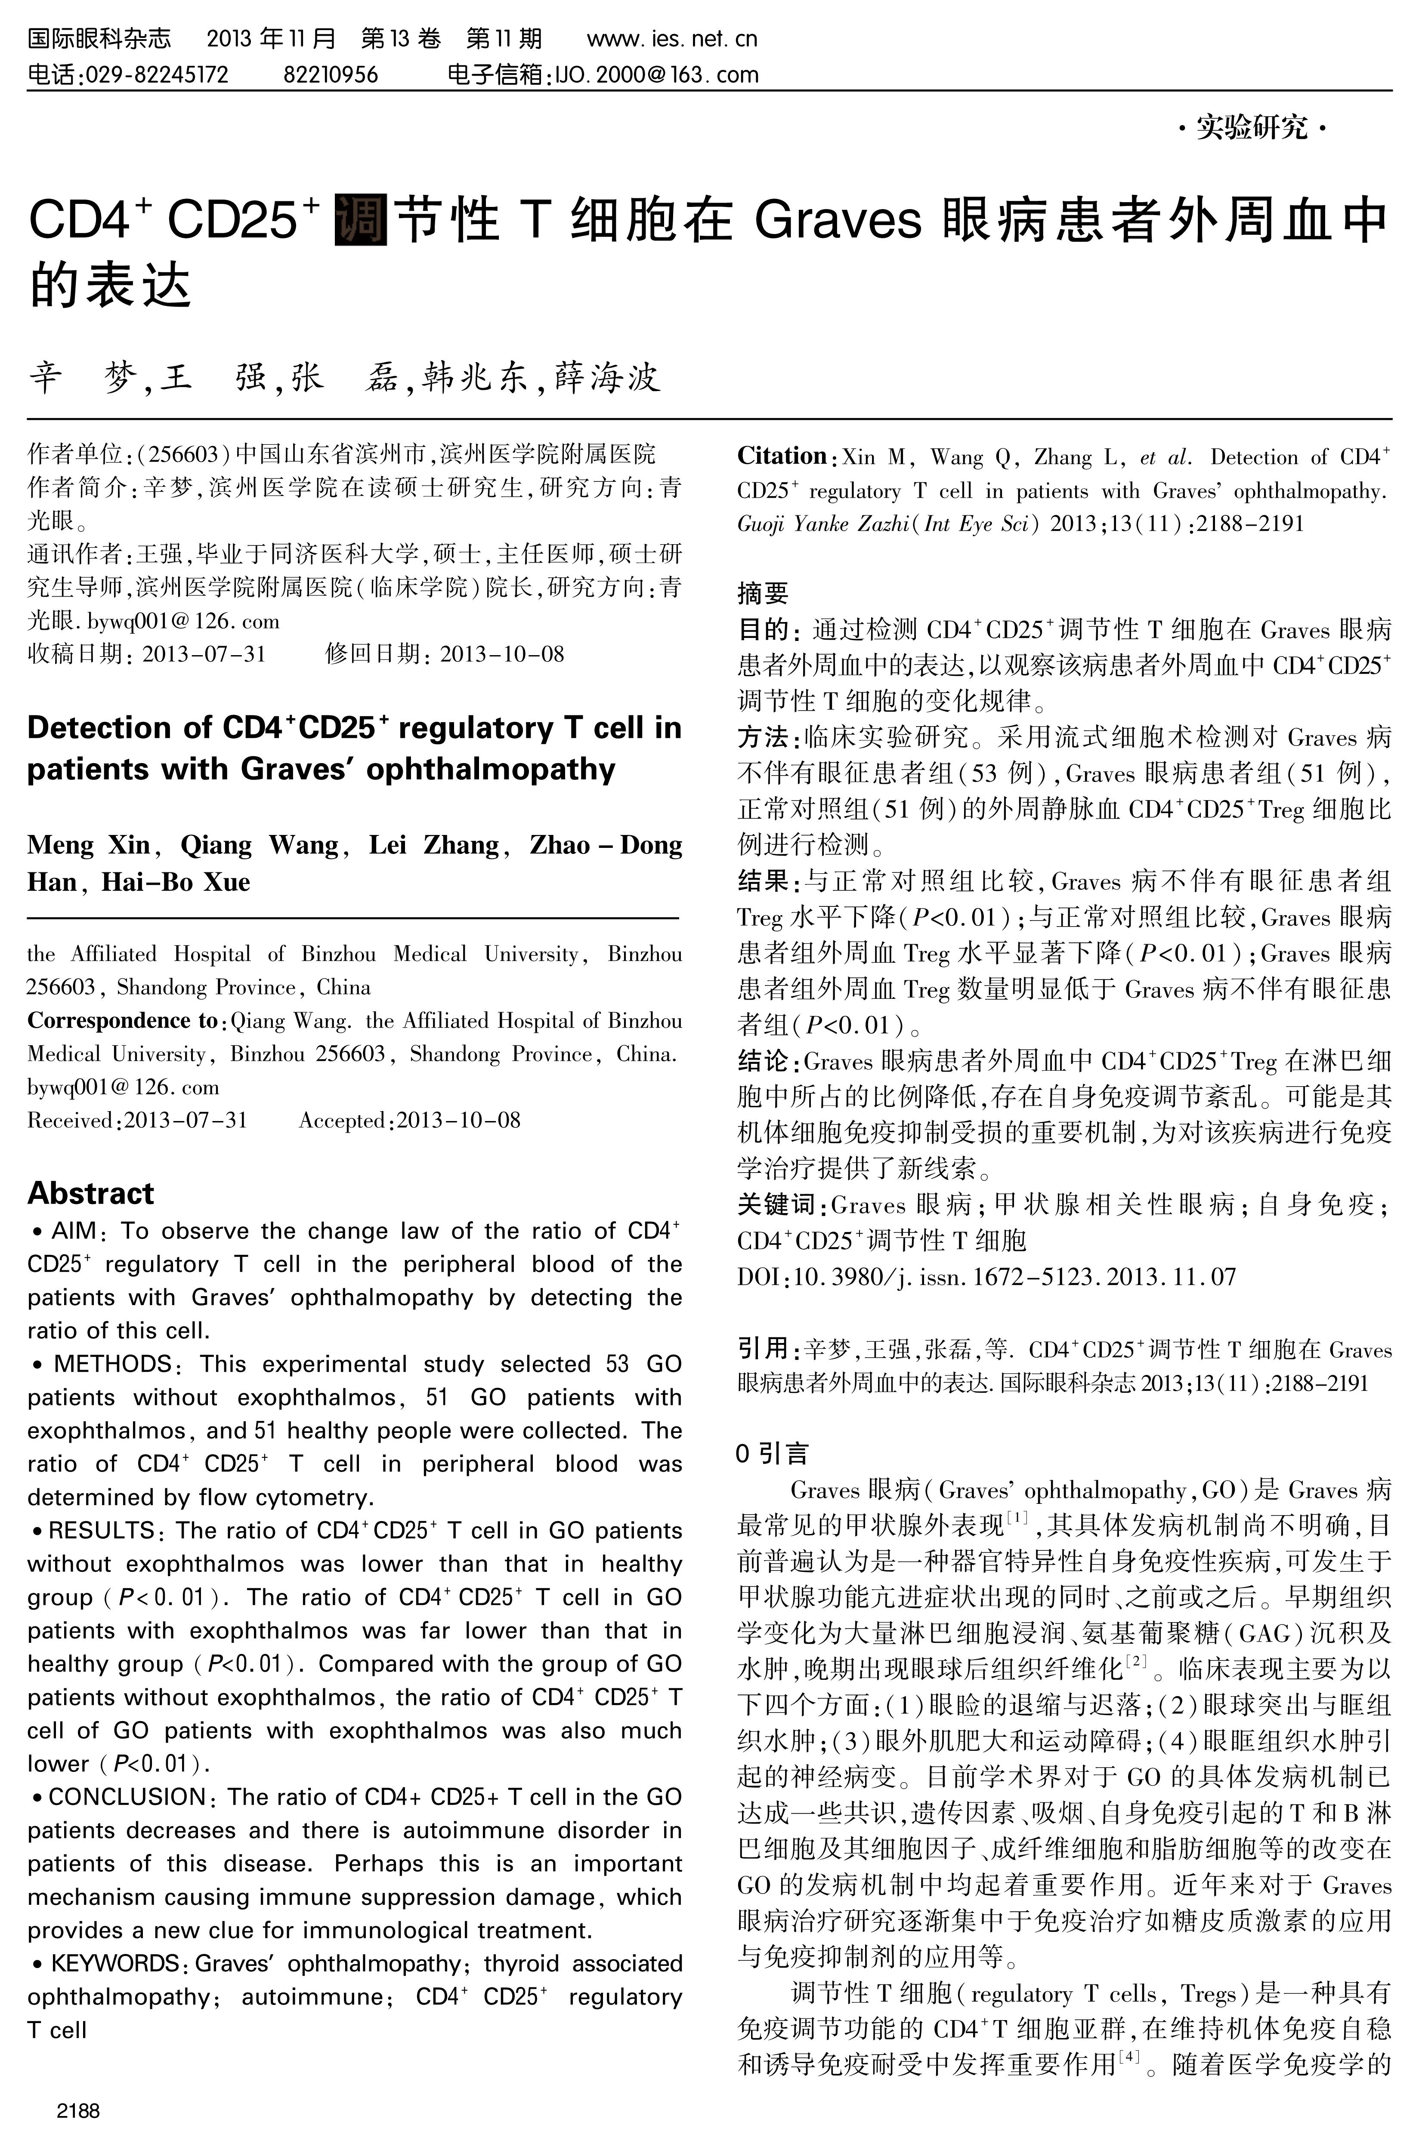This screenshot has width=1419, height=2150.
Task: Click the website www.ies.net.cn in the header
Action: pos(671,39)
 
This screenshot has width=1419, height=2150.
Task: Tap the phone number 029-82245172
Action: pos(156,74)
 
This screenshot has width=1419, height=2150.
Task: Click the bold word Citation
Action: pos(782,456)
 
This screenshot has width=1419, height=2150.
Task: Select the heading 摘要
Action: pos(763,593)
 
